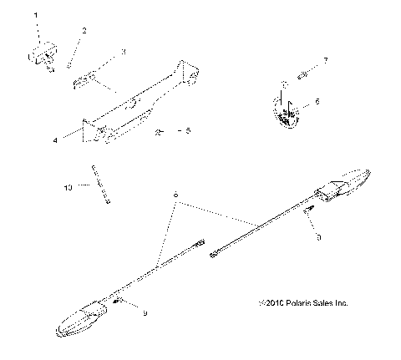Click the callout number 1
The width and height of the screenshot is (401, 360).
[x=36, y=16]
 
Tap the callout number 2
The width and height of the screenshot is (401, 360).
[x=83, y=32]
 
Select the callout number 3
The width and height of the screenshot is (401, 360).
[x=123, y=52]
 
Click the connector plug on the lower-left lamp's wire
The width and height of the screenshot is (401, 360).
[x=198, y=245]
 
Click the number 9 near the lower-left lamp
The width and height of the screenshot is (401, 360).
[x=145, y=313]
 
